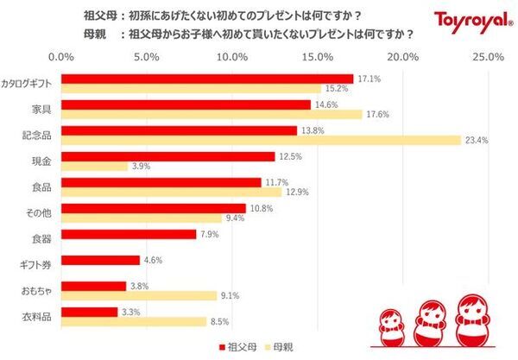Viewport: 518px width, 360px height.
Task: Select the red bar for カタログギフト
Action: click(x=207, y=79)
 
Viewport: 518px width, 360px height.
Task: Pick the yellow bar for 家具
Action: click(x=212, y=114)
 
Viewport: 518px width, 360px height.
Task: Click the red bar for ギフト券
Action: click(x=100, y=260)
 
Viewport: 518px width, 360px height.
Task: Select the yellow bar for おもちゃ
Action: click(x=138, y=295)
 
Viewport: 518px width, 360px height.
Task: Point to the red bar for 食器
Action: click(x=129, y=234)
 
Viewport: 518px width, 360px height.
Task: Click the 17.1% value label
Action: click(x=368, y=79)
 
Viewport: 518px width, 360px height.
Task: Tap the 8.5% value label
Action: click(x=220, y=321)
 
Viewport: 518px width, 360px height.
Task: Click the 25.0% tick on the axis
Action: click(x=489, y=57)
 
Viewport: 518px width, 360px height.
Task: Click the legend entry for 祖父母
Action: click(x=238, y=347)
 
